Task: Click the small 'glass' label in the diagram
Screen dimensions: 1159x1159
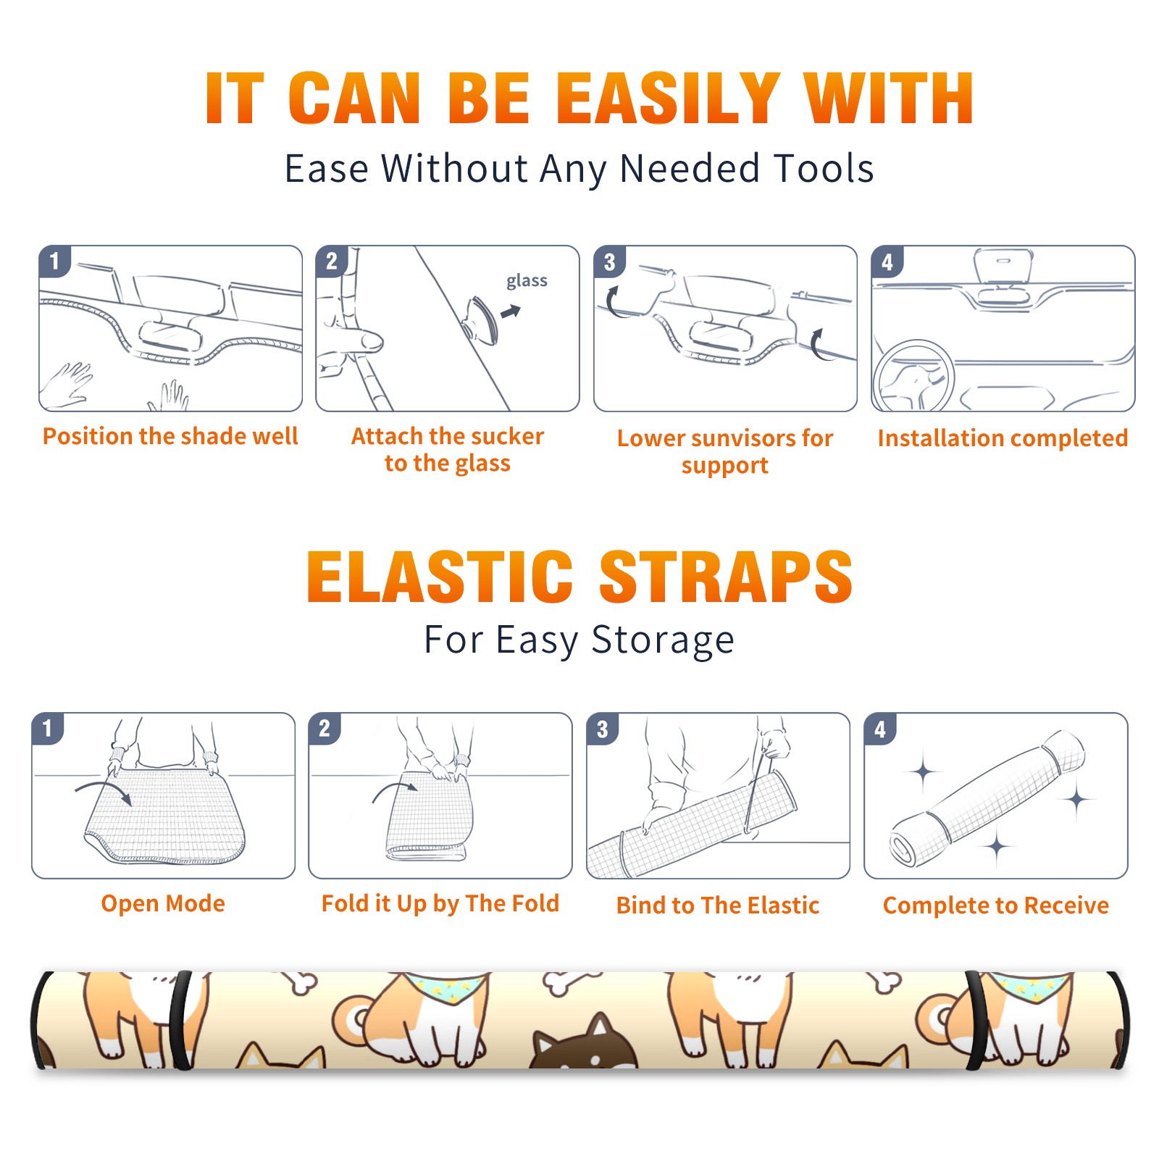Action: (527, 280)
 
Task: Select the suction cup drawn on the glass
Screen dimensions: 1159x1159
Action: (481, 319)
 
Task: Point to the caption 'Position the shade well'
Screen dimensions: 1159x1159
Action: (170, 436)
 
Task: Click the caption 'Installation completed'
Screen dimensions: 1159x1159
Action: (1003, 438)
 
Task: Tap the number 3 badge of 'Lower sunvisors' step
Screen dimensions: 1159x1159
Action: (609, 261)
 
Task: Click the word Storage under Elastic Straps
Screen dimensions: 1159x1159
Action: (663, 640)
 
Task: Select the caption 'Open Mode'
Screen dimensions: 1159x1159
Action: (163, 903)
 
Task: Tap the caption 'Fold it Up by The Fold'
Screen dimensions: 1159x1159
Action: (440, 903)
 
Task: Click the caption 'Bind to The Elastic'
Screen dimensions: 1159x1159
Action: (718, 905)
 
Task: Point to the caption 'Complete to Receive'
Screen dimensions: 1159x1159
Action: (996, 905)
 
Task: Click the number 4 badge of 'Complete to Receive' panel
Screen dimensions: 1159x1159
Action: (880, 729)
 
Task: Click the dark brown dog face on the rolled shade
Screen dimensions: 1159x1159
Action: (584, 1044)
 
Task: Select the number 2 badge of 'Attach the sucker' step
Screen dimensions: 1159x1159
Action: (331, 261)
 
